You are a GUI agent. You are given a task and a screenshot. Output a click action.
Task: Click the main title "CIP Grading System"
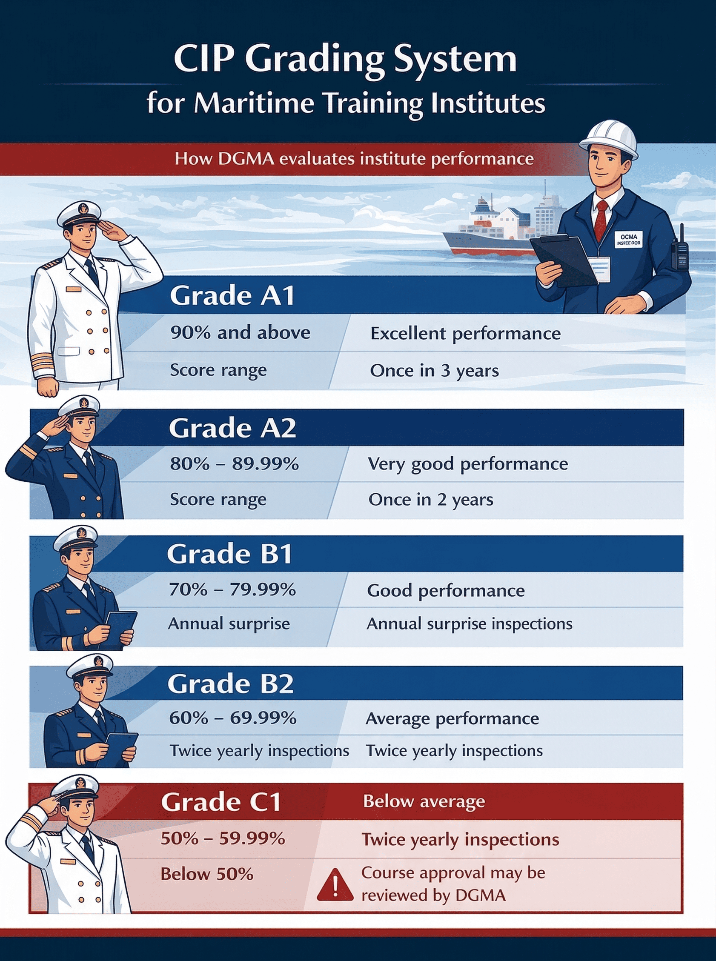(345, 61)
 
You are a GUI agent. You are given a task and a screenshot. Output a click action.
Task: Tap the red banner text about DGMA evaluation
(354, 159)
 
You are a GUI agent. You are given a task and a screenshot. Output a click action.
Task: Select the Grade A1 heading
(232, 296)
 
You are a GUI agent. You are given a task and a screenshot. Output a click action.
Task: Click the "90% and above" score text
(240, 333)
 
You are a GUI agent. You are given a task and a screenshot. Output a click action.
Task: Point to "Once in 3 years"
(434, 371)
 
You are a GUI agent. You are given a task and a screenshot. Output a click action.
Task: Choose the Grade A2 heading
(232, 428)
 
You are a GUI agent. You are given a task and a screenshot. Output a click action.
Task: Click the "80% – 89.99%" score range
(234, 464)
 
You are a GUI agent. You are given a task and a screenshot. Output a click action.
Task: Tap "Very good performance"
(468, 464)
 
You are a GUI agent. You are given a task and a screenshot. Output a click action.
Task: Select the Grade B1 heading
(229, 554)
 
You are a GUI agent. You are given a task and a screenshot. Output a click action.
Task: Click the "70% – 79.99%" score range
(232, 590)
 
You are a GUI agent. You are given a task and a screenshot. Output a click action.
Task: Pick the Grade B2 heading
(230, 684)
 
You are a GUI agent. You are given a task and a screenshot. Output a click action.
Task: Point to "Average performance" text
(452, 719)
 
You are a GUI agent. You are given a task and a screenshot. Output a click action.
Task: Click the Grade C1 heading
(221, 802)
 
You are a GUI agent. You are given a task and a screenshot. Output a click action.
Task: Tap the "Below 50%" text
(207, 874)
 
